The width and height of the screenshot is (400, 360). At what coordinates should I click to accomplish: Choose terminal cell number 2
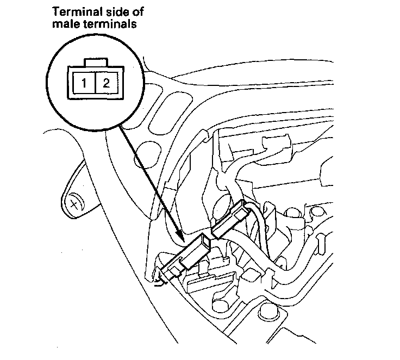106,84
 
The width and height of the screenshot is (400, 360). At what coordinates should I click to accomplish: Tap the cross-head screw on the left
73,204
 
